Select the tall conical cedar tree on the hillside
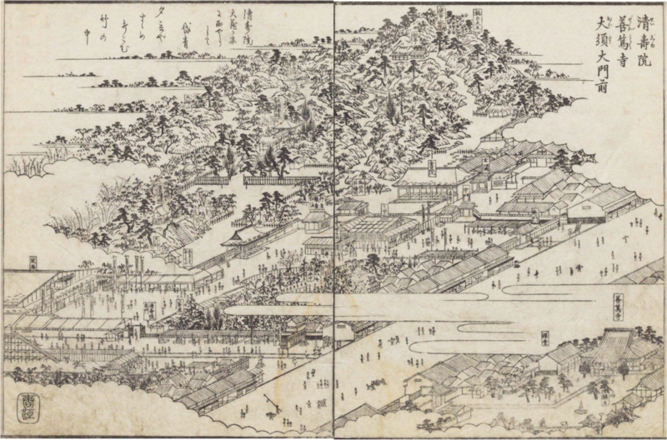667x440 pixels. coord(229,158)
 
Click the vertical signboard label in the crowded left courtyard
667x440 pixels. coord(151,310)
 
